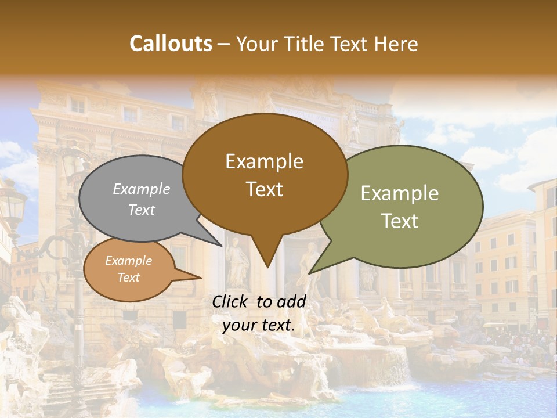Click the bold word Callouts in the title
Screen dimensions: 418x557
tap(171, 44)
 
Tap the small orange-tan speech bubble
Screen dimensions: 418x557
tap(129, 269)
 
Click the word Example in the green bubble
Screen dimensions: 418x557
tap(400, 193)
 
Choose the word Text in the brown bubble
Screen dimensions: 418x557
tap(265, 189)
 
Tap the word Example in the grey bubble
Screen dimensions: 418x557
tap(142, 189)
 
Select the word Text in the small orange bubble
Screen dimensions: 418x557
tap(129, 278)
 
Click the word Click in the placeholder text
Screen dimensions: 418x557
tap(232, 301)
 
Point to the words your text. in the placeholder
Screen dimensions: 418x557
tap(259, 325)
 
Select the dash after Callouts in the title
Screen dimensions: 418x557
tap(224, 44)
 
